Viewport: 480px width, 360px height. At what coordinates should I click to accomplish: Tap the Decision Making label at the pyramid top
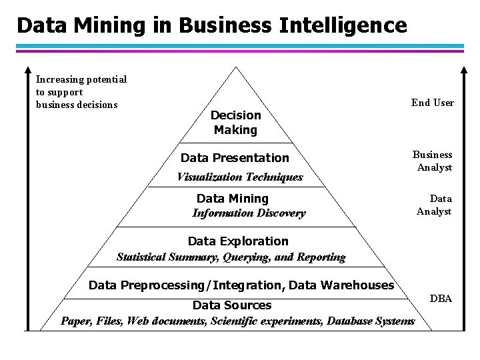click(x=236, y=123)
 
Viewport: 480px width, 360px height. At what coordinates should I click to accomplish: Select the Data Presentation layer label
click(x=235, y=158)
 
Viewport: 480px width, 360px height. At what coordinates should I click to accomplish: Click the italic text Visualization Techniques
click(x=239, y=177)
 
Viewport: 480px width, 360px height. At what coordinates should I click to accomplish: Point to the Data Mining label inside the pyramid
click(x=232, y=199)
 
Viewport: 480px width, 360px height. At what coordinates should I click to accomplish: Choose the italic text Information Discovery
click(x=249, y=213)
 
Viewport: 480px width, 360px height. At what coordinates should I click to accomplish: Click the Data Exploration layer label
click(x=238, y=241)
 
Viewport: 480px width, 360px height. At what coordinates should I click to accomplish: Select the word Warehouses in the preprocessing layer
click(x=358, y=285)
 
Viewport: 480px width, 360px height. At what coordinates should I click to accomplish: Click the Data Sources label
click(x=231, y=305)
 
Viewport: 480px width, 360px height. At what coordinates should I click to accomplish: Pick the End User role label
click(x=433, y=103)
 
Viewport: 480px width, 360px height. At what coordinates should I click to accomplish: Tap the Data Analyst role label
click(x=434, y=205)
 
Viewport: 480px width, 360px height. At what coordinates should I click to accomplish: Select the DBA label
click(x=441, y=299)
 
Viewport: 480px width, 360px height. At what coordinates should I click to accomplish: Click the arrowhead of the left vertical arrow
click(x=28, y=69)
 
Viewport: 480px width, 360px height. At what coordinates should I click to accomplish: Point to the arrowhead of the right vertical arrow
click(x=464, y=71)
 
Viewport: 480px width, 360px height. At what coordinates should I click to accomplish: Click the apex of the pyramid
click(x=235, y=67)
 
